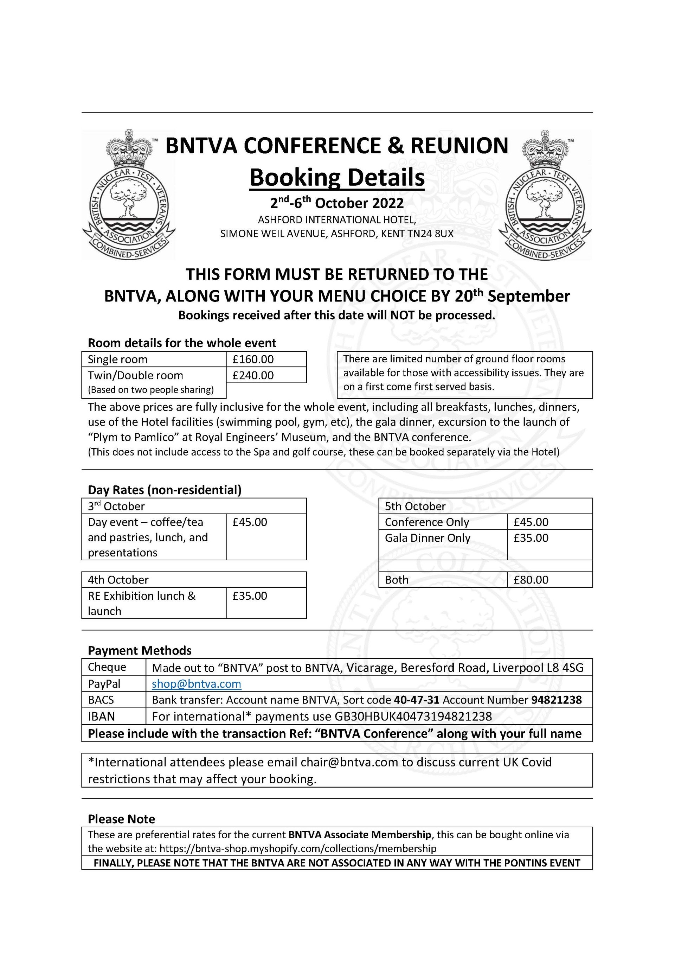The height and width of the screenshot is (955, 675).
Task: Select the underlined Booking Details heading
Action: tap(337, 178)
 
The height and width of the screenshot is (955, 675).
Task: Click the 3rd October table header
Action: tap(116, 506)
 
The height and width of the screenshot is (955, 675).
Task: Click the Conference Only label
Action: tap(426, 522)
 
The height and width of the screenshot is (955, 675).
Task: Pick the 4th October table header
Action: tap(118, 580)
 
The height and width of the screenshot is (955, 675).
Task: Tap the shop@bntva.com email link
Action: tap(196, 684)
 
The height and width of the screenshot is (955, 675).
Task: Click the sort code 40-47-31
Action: tap(417, 700)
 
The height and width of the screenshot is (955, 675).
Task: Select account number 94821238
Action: tap(556, 700)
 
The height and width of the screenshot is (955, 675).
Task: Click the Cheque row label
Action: tap(107, 667)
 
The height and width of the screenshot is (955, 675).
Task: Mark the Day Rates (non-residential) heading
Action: tap(165, 490)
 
